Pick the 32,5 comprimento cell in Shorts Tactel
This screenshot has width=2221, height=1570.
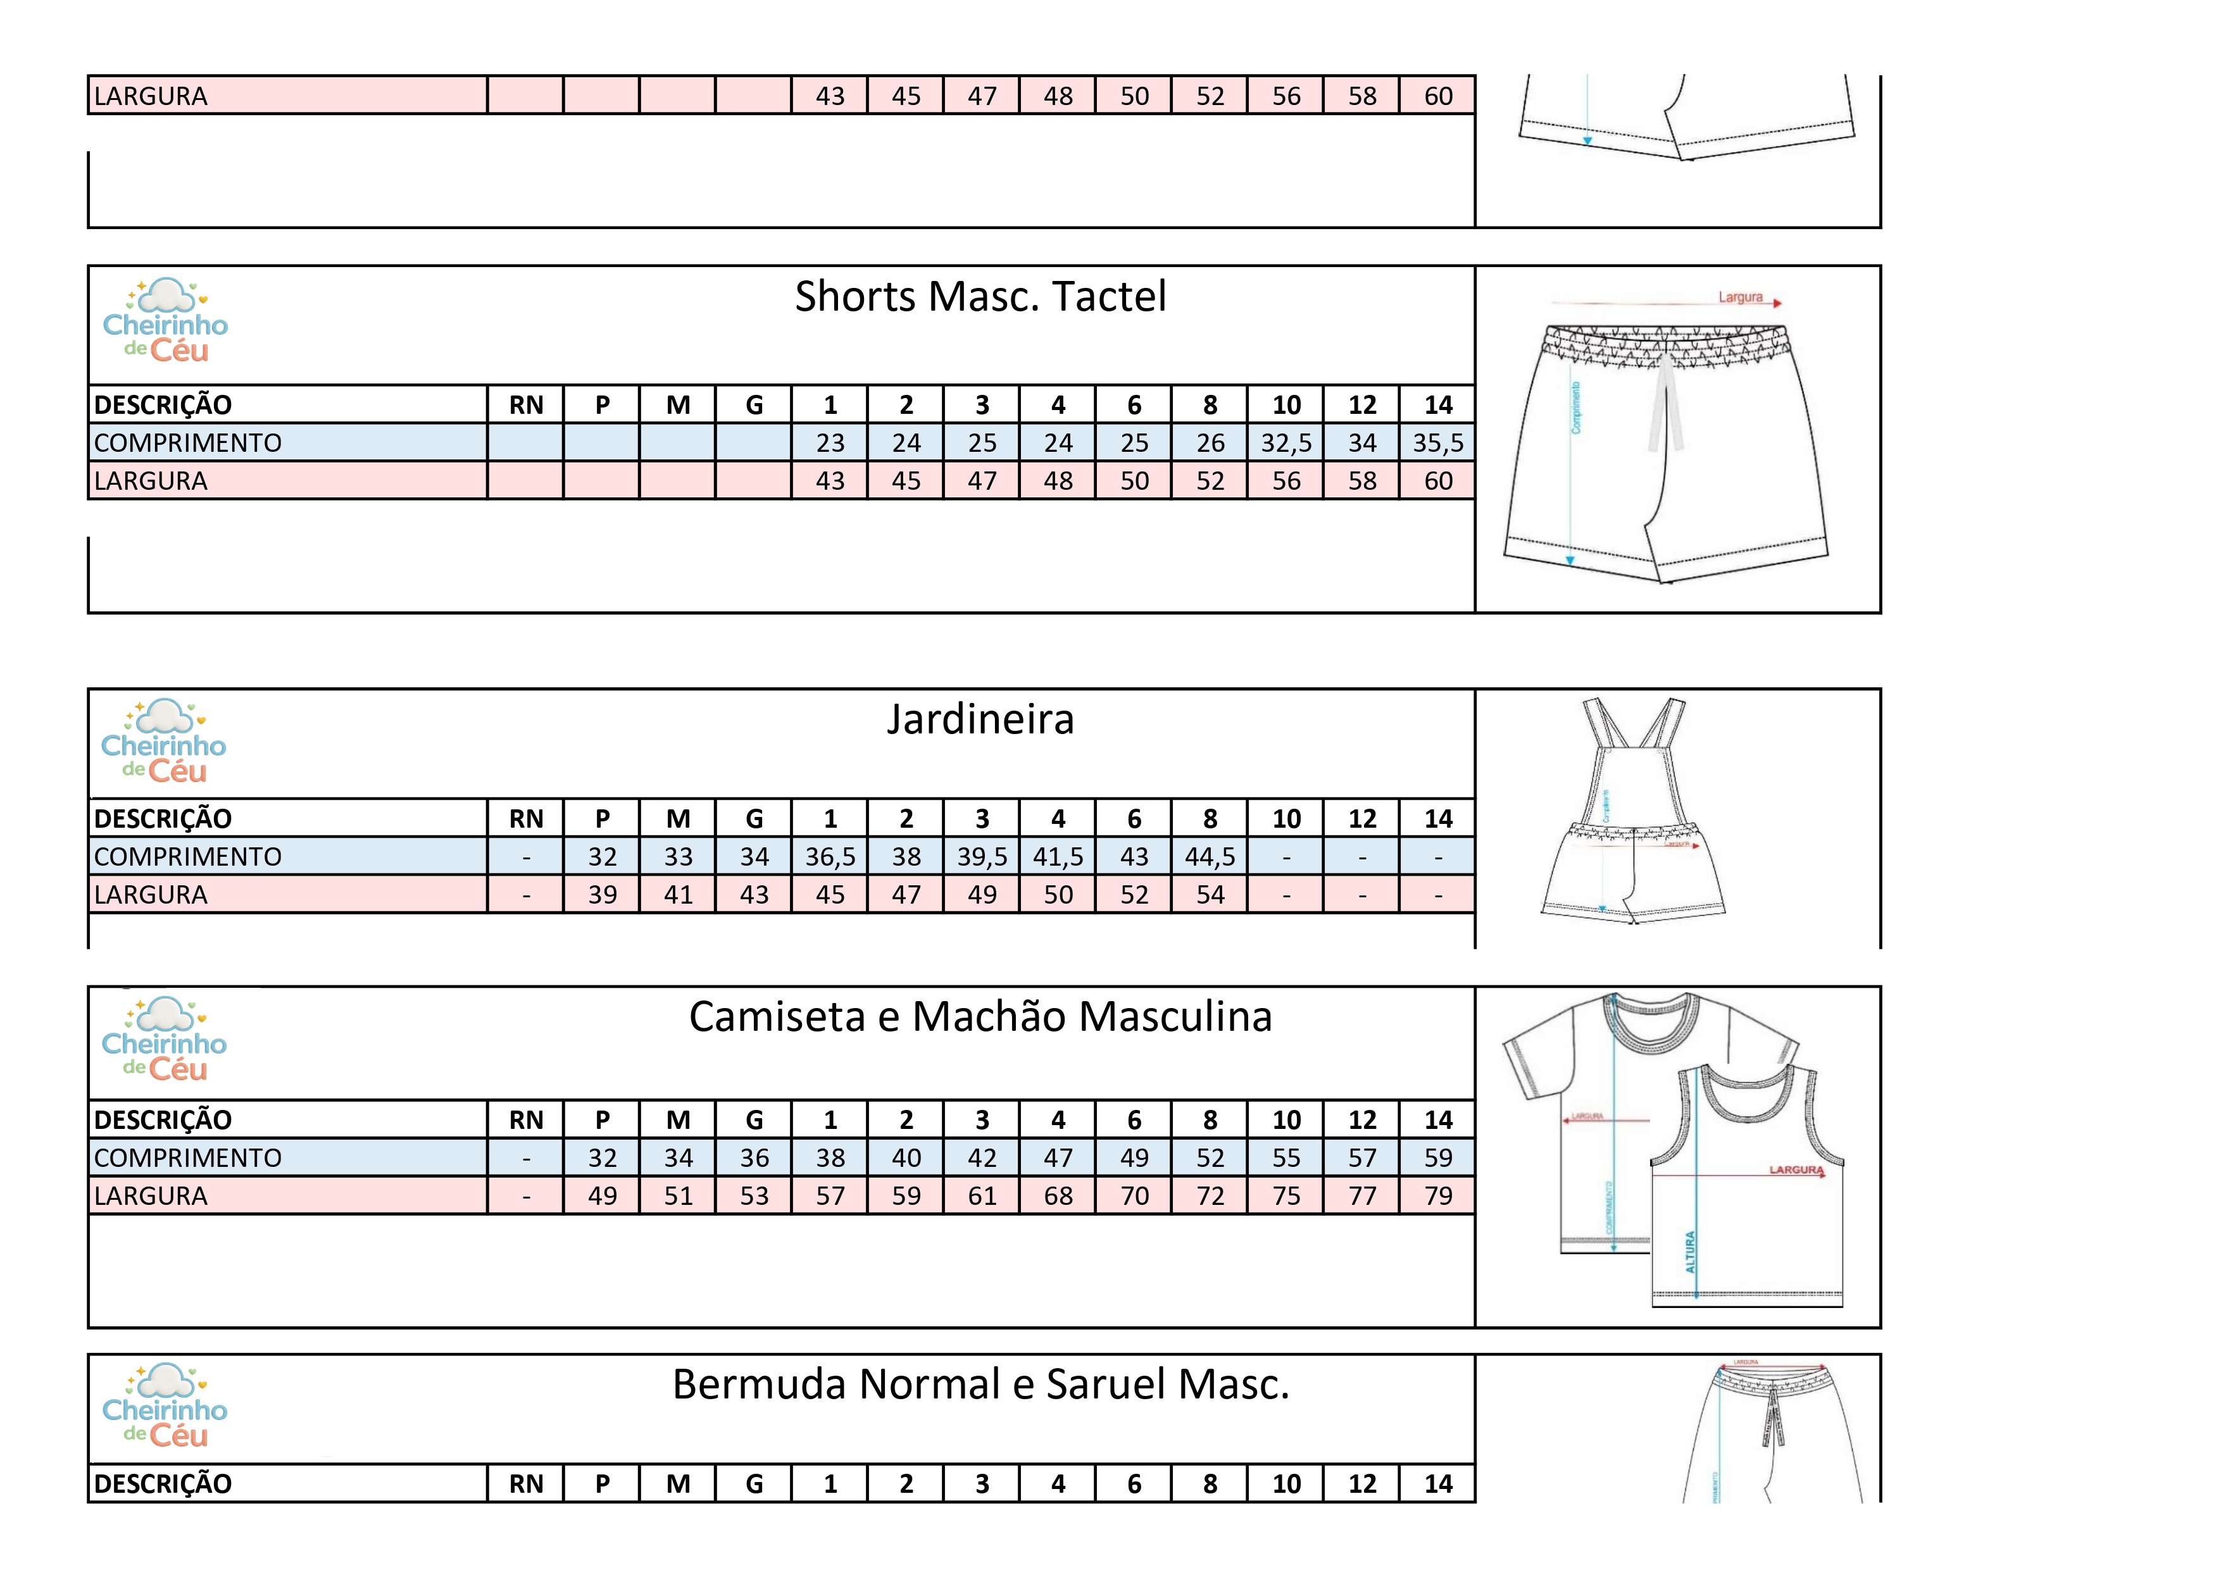point(1286,443)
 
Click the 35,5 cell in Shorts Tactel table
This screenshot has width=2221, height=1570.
point(1437,443)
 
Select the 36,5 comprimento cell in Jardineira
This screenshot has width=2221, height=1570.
point(830,857)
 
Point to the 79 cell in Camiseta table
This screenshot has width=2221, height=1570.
point(1437,1197)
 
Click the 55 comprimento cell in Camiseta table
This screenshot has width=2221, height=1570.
point(1286,1158)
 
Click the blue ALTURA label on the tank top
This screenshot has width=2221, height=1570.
point(1690,1252)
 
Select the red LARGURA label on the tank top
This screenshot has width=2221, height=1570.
point(1796,1169)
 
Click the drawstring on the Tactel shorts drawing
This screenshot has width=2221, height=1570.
point(1666,406)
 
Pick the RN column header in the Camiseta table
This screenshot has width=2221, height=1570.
point(525,1120)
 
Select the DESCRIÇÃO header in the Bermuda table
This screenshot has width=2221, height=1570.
point(163,1484)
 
